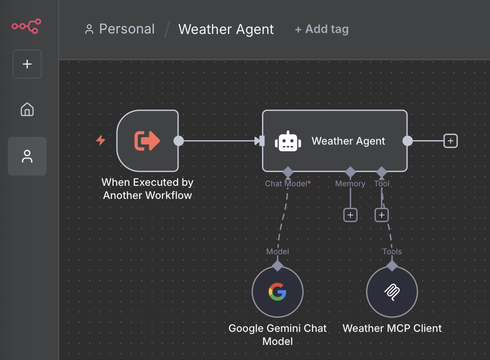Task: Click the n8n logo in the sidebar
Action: pos(27,26)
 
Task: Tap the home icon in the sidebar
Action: pos(27,110)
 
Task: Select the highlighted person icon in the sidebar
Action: pos(27,156)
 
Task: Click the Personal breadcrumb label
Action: pos(127,29)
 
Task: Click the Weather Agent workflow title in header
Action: pos(226,29)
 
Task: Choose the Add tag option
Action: pos(322,29)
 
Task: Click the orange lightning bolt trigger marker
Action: pos(101,141)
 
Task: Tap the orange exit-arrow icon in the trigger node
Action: pos(147,141)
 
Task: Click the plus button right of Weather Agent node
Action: pos(451,141)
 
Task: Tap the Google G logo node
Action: pos(278,292)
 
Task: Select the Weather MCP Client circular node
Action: pos(392,292)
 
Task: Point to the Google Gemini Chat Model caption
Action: pos(278,335)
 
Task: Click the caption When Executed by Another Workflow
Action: pos(147,189)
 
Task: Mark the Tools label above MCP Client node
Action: pos(392,251)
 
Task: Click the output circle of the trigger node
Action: pos(179,141)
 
